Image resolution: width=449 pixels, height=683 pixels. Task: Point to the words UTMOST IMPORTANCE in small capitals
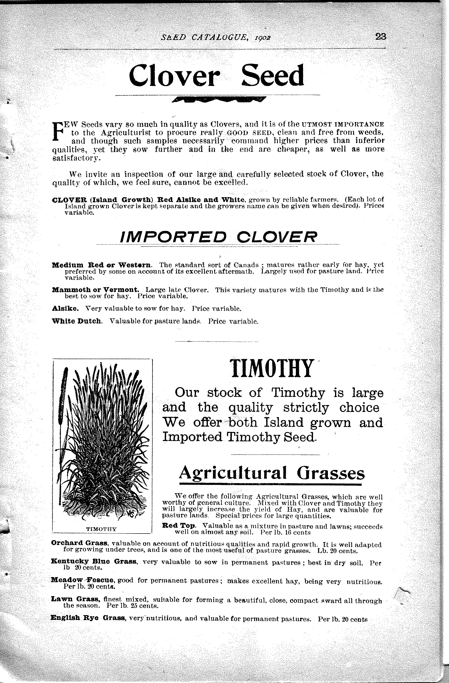[x=343, y=125]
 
